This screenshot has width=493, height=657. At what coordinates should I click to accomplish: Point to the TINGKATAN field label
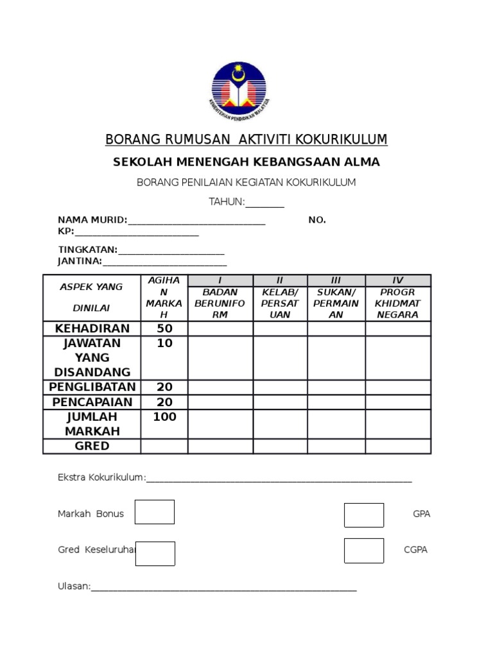click(87, 250)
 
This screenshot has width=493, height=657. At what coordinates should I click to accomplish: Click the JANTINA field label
click(80, 261)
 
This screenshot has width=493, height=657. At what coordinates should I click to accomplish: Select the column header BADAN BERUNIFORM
click(220, 303)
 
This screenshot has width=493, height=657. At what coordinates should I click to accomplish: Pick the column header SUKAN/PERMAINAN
click(336, 303)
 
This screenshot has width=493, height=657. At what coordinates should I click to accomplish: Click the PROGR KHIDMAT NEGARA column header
click(397, 303)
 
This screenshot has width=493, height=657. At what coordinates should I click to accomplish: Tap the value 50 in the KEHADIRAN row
click(165, 328)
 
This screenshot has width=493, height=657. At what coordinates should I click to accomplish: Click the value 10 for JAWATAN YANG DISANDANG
click(165, 343)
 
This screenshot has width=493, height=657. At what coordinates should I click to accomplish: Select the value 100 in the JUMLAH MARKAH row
click(165, 417)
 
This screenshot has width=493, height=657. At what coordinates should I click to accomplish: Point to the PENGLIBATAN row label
click(92, 387)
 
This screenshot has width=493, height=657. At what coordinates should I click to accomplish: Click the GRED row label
click(92, 446)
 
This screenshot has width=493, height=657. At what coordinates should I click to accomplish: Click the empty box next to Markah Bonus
click(155, 512)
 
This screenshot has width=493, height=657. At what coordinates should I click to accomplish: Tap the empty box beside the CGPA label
click(364, 550)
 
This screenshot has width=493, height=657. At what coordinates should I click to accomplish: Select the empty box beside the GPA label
click(364, 515)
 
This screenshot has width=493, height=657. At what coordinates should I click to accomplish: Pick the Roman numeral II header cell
click(280, 280)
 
